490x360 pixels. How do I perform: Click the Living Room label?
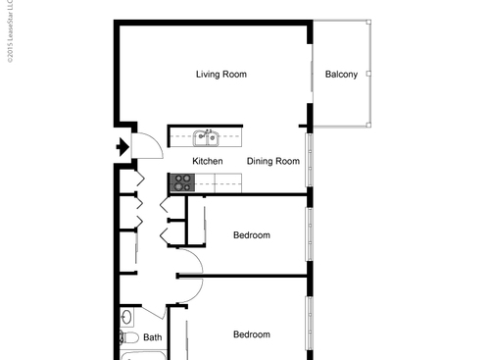(x=220, y=75)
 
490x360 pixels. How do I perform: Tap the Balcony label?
(x=341, y=75)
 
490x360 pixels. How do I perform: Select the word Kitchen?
(x=207, y=162)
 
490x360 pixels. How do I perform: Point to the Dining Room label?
(x=272, y=162)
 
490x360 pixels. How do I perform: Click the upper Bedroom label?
(x=251, y=235)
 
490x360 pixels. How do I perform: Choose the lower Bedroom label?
(x=251, y=334)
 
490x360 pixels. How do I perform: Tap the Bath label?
(x=153, y=338)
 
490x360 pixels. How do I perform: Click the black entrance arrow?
(x=122, y=149)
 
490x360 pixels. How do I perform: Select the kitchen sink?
(x=205, y=137)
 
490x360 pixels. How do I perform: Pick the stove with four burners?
(x=182, y=181)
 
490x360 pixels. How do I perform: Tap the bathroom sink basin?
(x=127, y=317)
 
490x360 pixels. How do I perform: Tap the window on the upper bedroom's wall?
(x=309, y=235)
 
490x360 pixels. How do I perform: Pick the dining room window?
(x=309, y=162)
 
